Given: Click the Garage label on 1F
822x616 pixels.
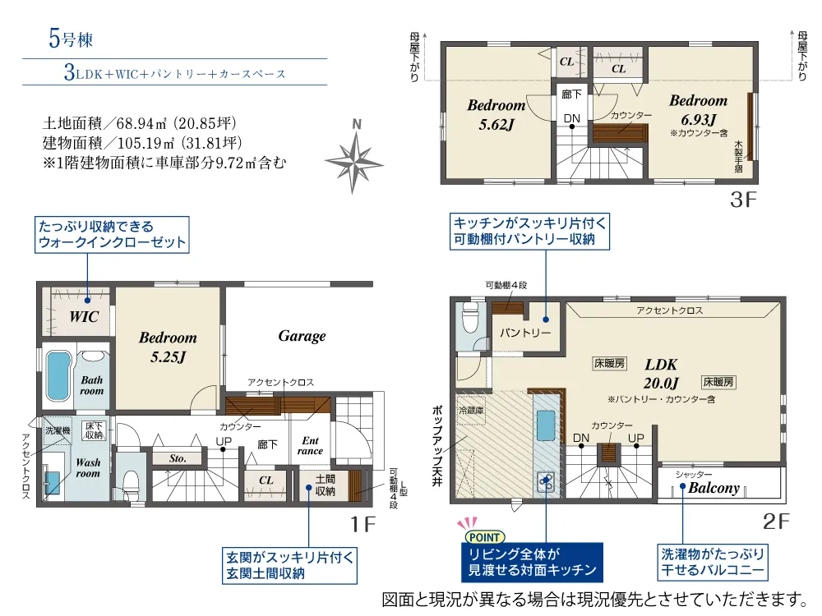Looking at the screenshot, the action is click(302, 336).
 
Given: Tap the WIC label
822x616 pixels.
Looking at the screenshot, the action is click(84, 316).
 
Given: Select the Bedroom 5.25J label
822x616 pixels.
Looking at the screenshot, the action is click(168, 347).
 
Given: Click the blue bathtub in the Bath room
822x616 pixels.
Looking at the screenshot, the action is click(58, 375).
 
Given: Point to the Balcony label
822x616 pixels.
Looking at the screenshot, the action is click(713, 488).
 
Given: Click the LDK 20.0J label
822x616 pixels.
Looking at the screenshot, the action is click(661, 374).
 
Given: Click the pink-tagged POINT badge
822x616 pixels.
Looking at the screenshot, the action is click(484, 537).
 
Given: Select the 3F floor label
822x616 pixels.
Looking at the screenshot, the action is click(743, 200).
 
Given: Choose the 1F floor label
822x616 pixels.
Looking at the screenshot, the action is click(363, 524).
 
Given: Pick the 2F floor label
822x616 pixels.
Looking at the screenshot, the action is click(776, 522).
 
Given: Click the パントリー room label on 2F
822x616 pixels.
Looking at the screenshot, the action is click(524, 333).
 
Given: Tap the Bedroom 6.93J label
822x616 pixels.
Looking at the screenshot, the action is click(698, 109).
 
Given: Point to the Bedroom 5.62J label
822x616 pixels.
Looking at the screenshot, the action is click(496, 115).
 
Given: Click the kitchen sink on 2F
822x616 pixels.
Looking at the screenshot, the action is click(546, 425).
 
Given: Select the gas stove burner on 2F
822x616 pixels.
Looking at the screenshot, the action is click(547, 480).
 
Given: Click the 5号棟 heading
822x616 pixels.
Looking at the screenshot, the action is click(71, 39).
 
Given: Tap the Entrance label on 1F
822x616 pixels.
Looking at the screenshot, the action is click(311, 446).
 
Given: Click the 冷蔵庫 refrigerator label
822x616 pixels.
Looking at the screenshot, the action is click(471, 411).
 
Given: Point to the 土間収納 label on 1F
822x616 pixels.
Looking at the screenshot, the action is click(325, 485).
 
